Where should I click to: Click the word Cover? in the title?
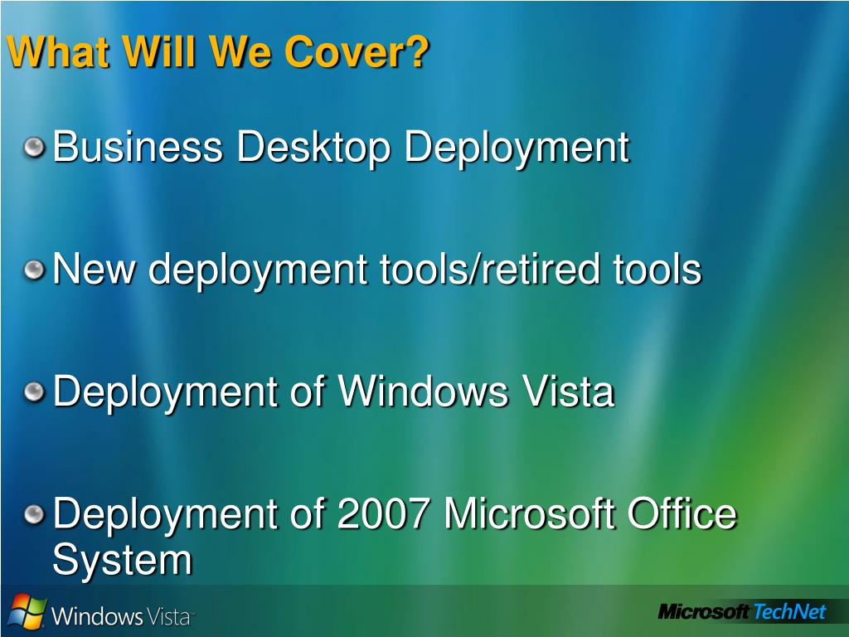(357, 51)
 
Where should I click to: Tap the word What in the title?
(60, 51)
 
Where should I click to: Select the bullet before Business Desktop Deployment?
(34, 148)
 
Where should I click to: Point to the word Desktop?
(313, 148)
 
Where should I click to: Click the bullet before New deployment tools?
(34, 270)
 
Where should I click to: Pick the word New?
(95, 269)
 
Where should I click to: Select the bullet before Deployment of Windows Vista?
(34, 391)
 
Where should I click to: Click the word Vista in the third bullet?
(568, 391)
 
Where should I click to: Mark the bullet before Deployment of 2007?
(34, 513)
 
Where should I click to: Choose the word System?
(123, 560)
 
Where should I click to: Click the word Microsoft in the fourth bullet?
(529, 513)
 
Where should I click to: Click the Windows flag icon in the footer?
(27, 611)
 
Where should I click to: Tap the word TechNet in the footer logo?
(789, 611)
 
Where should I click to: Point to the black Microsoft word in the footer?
(704, 612)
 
